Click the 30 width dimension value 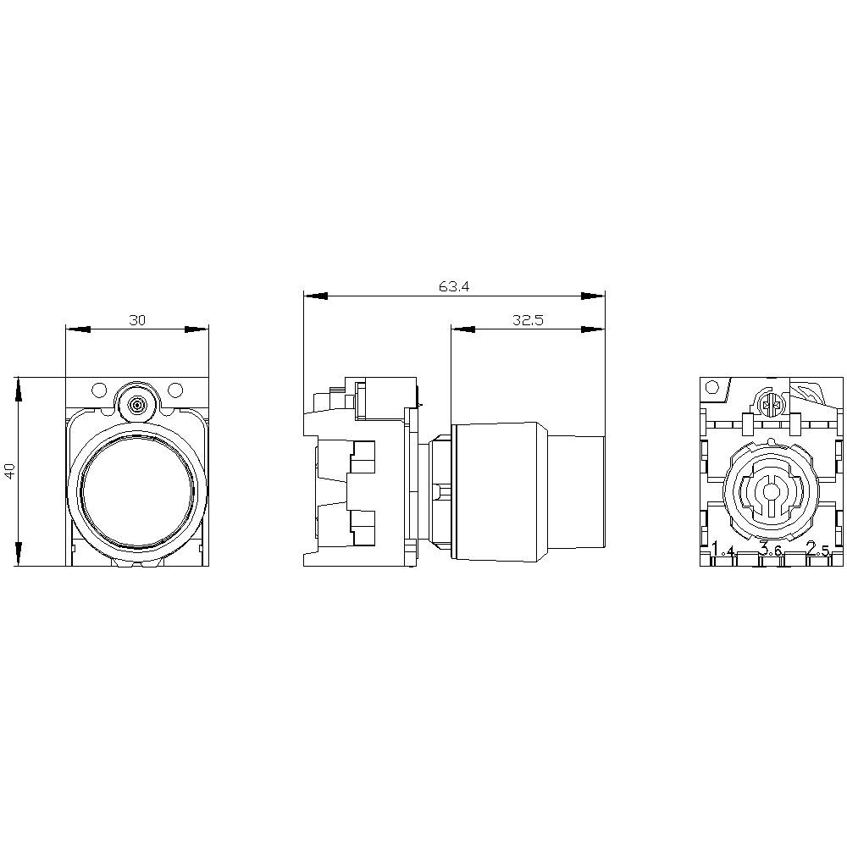pos(136,320)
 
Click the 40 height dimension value pos(10,471)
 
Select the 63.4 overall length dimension pos(454,286)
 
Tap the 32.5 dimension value pos(527,320)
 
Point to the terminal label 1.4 pos(722,551)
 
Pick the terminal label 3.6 pos(770,551)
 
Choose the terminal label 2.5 pos(817,551)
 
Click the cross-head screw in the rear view pos(771,406)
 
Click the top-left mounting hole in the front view pos(98,390)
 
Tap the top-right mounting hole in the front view pos(175,390)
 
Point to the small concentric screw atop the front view pos(136,406)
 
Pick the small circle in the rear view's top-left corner pos(713,388)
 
